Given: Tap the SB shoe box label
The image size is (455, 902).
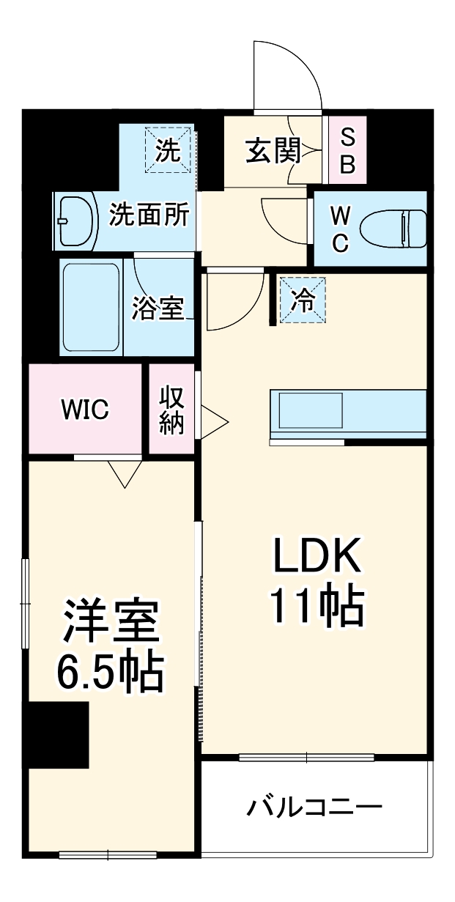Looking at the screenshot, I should coord(347,150).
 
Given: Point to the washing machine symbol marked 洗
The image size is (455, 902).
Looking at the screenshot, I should coord(168,151).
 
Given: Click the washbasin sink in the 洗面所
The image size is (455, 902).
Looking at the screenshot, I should coord(76,220).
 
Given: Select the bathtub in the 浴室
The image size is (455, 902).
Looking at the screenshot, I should coord(92,307).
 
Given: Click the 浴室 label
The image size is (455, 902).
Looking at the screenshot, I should coord(157,308).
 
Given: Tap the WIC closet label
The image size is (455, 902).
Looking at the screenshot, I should coord(85,410).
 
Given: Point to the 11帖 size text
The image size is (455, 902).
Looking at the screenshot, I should coord(317,607).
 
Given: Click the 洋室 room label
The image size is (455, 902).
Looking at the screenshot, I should coord(110,622).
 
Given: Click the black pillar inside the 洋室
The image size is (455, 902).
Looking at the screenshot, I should coord(58,734).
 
